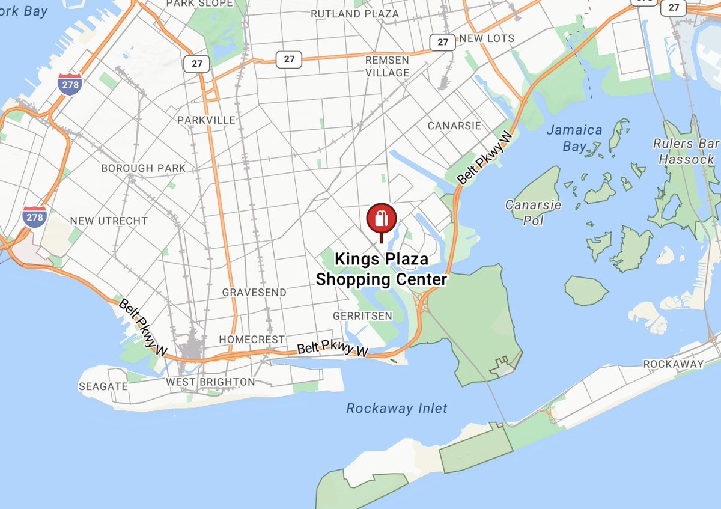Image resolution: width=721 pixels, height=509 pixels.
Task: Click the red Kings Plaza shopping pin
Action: (x=381, y=218)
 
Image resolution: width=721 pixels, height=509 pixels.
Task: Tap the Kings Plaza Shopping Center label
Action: (x=382, y=269)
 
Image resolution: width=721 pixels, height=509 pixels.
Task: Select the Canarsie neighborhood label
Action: (x=454, y=126)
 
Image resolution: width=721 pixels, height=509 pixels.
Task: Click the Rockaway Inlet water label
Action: (x=397, y=409)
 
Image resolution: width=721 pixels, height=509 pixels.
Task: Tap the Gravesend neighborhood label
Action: (x=254, y=292)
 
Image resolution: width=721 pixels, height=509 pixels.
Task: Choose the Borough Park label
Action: (x=144, y=168)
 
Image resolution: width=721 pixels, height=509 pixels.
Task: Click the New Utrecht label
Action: (x=108, y=221)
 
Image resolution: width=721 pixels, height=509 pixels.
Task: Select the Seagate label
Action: (x=103, y=386)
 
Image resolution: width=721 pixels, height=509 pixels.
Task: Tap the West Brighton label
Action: (x=210, y=382)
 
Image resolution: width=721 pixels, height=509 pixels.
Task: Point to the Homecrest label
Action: (x=252, y=340)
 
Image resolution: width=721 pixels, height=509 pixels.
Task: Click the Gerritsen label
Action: (x=362, y=316)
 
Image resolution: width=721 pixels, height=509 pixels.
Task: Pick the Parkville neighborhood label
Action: (x=206, y=120)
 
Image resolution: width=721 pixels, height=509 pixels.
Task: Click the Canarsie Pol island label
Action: (x=532, y=212)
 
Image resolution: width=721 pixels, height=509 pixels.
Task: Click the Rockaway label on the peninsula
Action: (x=672, y=364)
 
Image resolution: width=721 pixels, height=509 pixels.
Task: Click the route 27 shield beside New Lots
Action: (x=443, y=42)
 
